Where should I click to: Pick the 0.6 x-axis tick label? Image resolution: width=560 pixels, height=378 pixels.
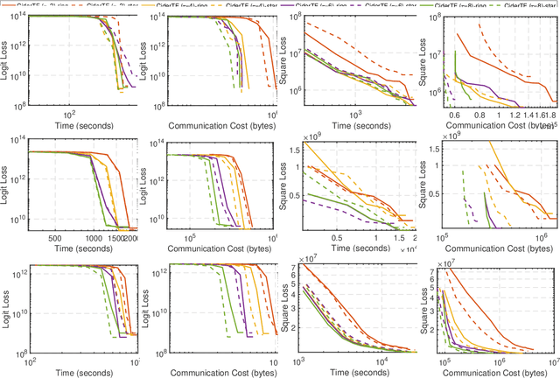coord(454,114)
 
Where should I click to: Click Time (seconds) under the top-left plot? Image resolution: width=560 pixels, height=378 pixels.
coord(81,125)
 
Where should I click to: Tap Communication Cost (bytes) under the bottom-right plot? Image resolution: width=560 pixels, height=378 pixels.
coord(498,372)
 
